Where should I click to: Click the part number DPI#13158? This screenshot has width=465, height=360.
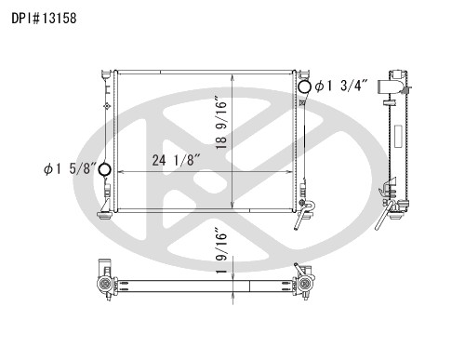(x=44, y=18)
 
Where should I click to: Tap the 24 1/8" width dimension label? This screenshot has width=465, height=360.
(x=177, y=160)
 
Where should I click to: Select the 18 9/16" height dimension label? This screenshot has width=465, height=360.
(x=221, y=124)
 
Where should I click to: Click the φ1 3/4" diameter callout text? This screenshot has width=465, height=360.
(x=341, y=86)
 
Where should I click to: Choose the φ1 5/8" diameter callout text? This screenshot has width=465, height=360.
(x=70, y=168)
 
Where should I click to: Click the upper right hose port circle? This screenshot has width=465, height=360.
(x=304, y=87)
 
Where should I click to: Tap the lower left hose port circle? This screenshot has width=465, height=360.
(x=104, y=169)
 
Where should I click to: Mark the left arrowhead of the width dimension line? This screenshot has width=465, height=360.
(x=122, y=171)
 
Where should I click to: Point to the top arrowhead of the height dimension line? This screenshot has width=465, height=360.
(x=232, y=78)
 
